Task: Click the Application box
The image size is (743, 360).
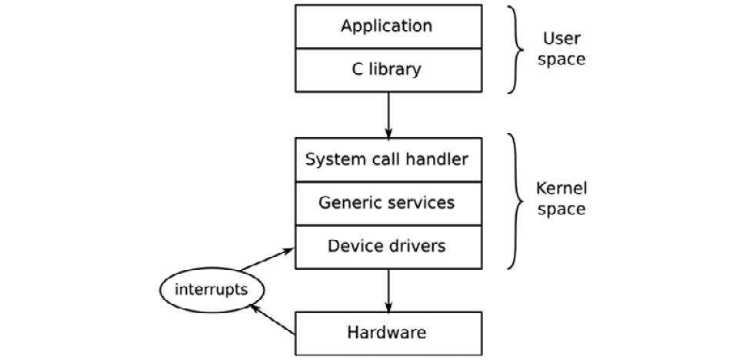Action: (x=387, y=26)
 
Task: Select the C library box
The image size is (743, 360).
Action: (x=387, y=70)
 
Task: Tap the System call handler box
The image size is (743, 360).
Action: (x=387, y=159)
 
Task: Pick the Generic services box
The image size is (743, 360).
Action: (x=387, y=203)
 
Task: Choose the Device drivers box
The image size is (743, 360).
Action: (x=387, y=247)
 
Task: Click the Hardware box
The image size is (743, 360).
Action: (x=387, y=333)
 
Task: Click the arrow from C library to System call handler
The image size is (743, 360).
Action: (x=388, y=115)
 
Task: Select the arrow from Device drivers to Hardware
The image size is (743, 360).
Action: (x=388, y=290)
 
